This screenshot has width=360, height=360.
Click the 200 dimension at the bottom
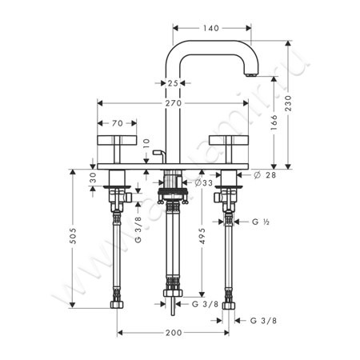(173, 332)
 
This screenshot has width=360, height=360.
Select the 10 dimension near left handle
(146, 143)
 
